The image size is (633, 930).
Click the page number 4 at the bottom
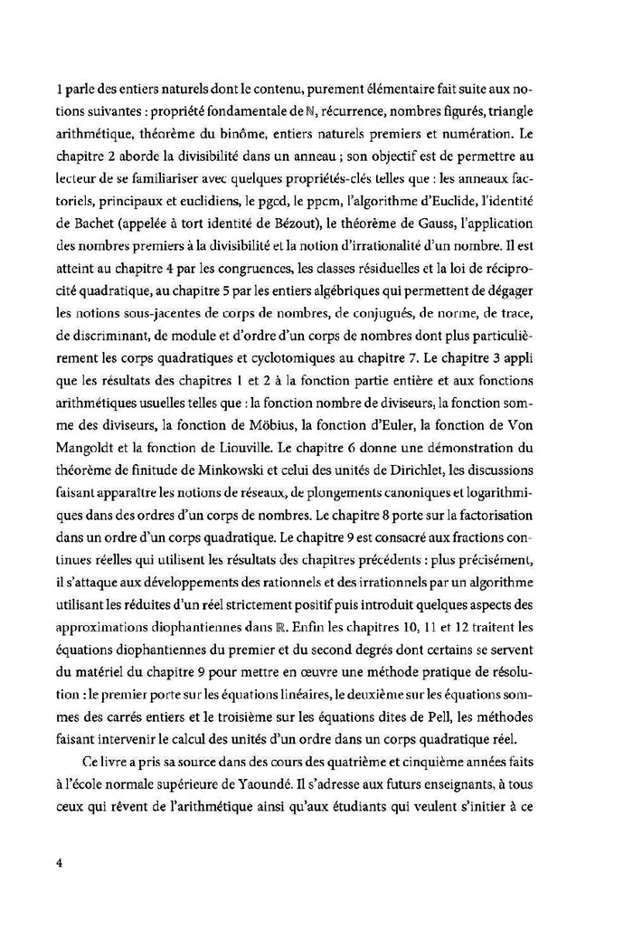(x=58, y=861)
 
